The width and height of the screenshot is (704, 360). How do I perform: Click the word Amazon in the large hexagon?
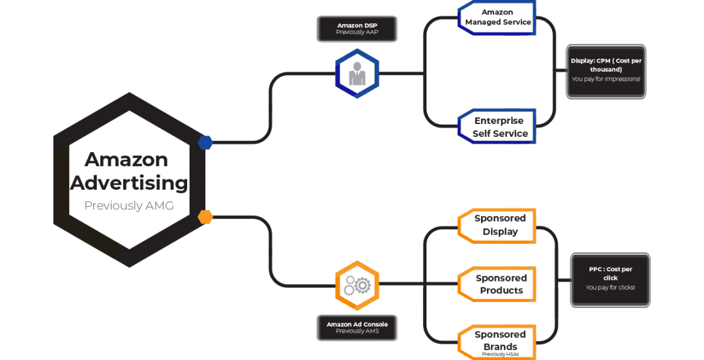[126, 159]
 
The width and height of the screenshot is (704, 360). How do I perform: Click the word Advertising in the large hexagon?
[129, 183]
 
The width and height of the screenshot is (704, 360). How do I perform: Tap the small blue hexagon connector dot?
[205, 142]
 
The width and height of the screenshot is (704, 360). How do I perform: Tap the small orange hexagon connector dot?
[205, 217]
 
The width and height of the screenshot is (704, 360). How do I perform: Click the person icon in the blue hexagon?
[357, 74]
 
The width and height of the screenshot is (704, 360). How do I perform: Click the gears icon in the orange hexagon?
[357, 285]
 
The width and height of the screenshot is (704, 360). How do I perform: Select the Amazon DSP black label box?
[357, 29]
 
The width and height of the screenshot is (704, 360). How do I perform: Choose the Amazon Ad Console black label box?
[357, 327]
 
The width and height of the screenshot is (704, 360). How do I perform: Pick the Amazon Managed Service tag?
[497, 18]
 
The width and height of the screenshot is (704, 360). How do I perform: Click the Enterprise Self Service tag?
[499, 127]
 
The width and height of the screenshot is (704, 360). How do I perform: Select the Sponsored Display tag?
[499, 225]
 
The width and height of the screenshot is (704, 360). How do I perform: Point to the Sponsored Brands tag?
[499, 340]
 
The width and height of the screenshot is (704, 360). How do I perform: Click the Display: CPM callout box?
[606, 72]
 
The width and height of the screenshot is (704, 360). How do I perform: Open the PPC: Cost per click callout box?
[610, 280]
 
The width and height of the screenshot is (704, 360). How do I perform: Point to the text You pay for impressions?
[606, 79]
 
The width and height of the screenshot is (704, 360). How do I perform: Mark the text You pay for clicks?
[610, 288]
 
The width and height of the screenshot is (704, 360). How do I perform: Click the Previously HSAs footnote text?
[500, 354]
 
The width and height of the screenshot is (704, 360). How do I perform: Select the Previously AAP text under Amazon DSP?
[357, 32]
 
